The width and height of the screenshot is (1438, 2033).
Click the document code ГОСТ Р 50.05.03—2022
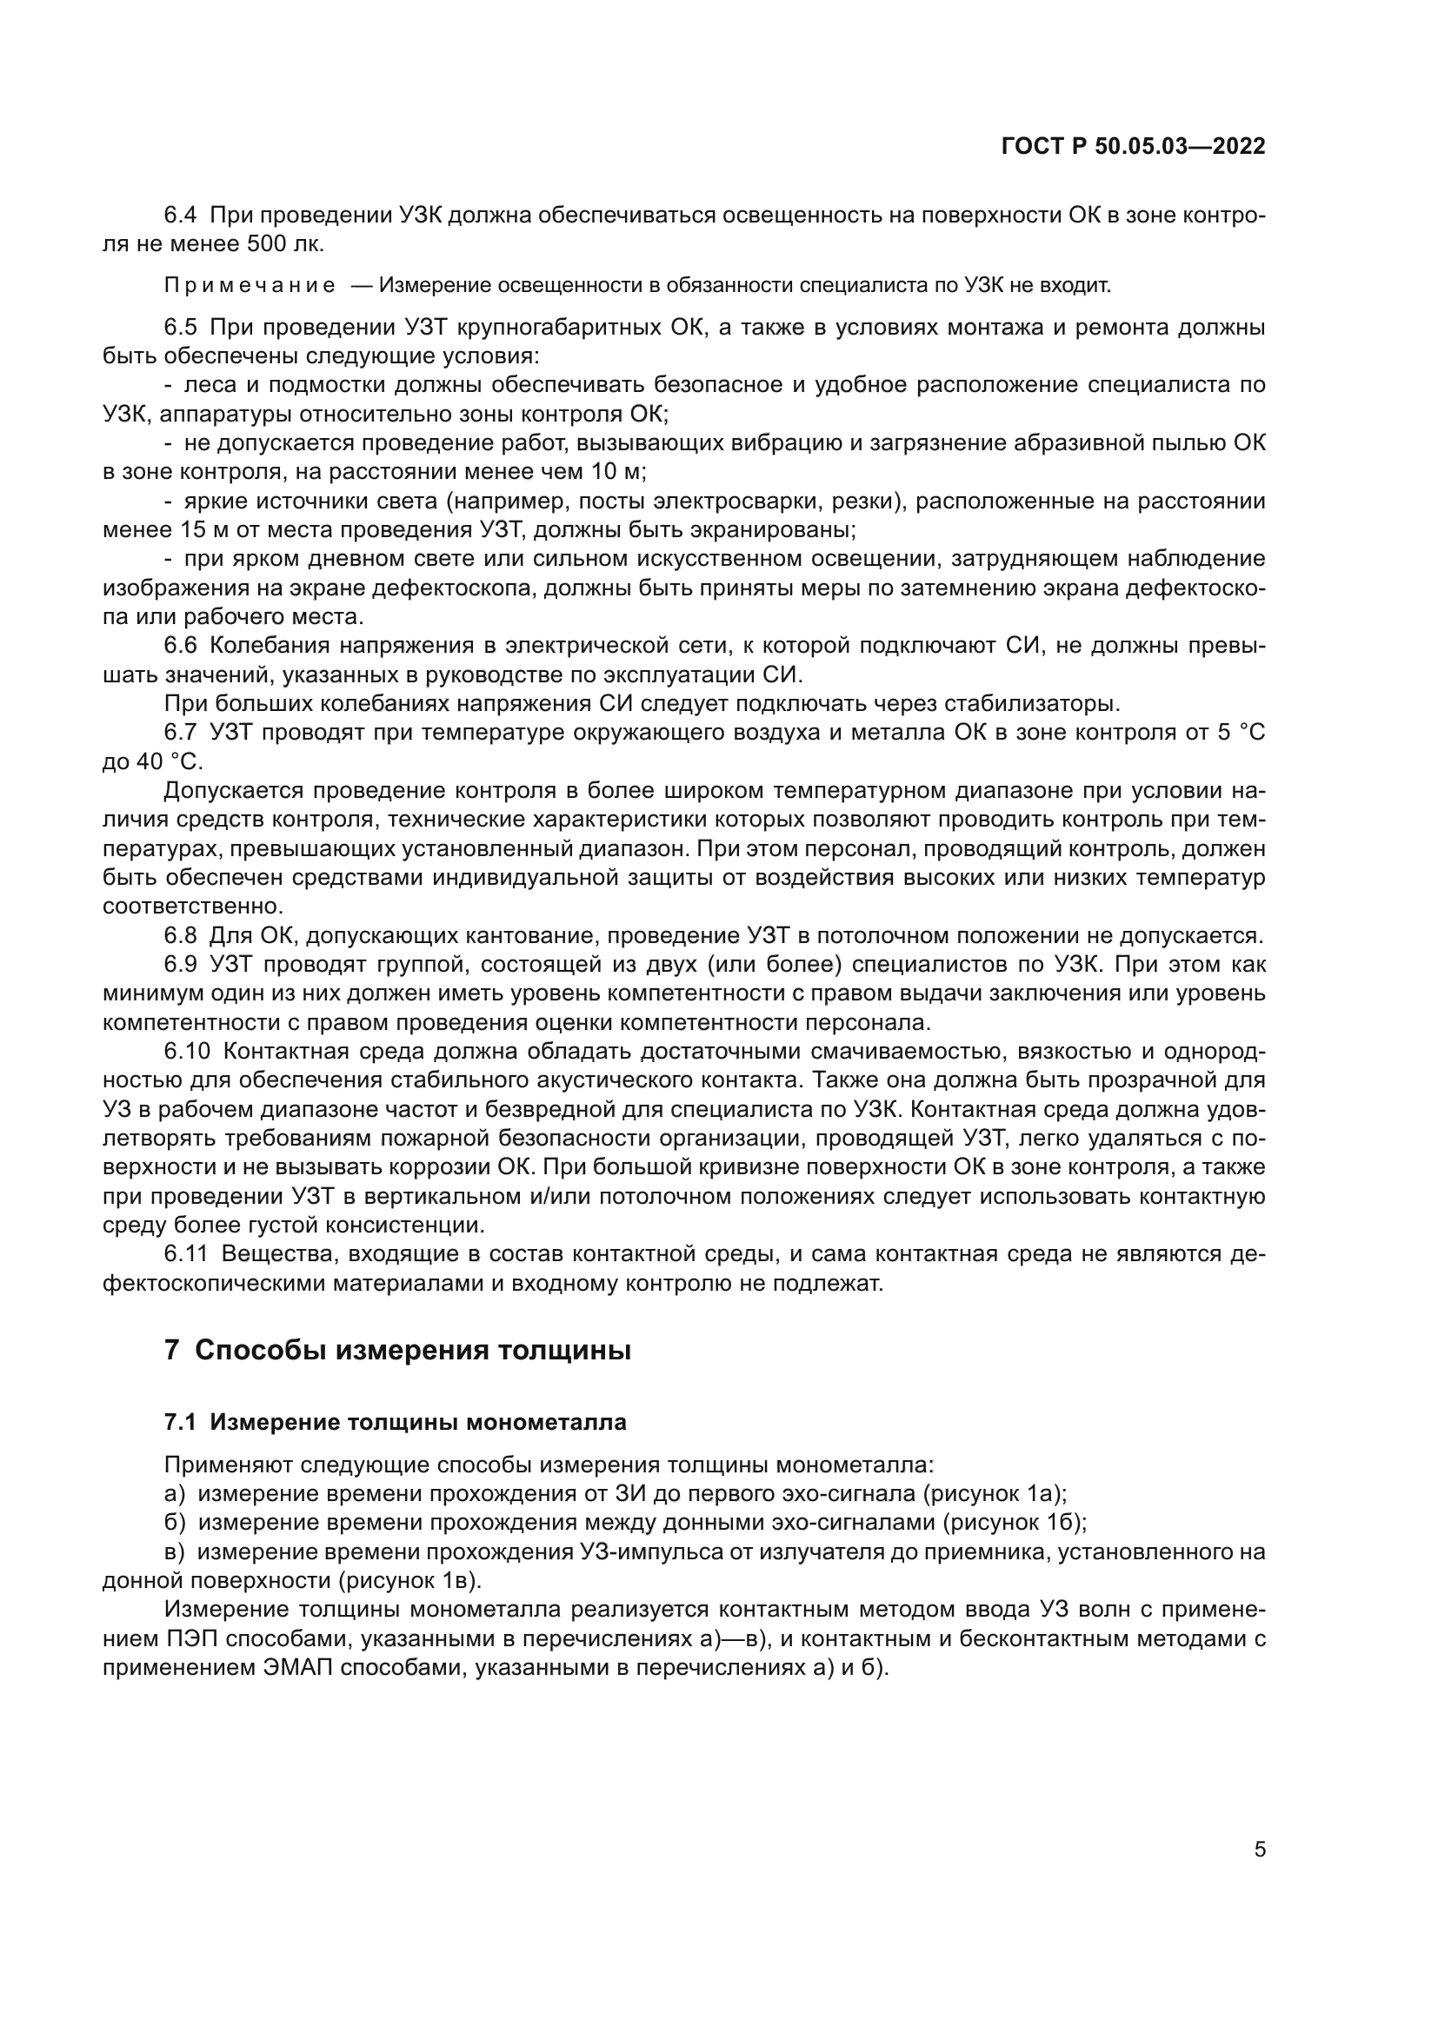coord(1133,147)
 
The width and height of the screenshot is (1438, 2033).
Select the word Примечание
coord(250,286)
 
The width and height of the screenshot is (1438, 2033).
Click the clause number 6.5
coord(181,328)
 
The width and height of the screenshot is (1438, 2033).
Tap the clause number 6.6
coord(181,647)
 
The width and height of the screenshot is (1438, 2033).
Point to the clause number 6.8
coord(181,936)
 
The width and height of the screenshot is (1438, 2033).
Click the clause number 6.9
coord(181,964)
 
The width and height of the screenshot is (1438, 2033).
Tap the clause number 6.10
coord(187,1052)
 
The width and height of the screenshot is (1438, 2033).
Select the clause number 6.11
coord(186,1255)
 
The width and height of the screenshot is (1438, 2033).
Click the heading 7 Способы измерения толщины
coord(397,1352)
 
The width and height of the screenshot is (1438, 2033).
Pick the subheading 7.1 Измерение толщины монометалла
coord(395,1423)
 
